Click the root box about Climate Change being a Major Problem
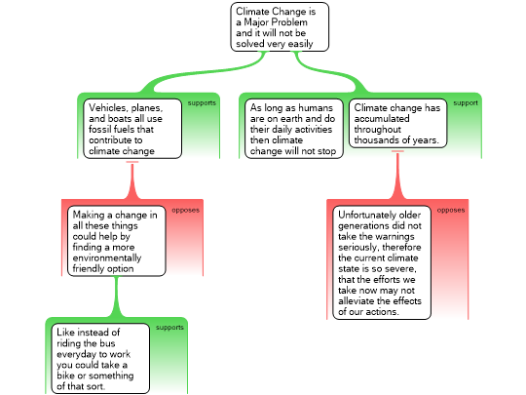pos(280,27)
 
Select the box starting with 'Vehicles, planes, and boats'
pos(132,129)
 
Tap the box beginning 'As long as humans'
pos(294,129)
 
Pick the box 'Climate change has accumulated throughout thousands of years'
pos(397,123)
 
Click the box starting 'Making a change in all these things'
pos(117,241)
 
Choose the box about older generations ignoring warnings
pos(382,262)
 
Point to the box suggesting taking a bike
pos(100,358)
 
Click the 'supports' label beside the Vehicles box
pos(202,102)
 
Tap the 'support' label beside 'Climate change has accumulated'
pos(466,102)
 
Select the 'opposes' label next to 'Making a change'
pos(185,210)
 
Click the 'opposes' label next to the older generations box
pos(451,210)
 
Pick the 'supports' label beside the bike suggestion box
pos(169,327)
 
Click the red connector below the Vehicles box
pos(132,180)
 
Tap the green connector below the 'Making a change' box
pos(117,296)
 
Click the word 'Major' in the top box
pos(257,22)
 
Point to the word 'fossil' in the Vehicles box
pos(99,130)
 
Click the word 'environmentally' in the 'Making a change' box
pos(107,258)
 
